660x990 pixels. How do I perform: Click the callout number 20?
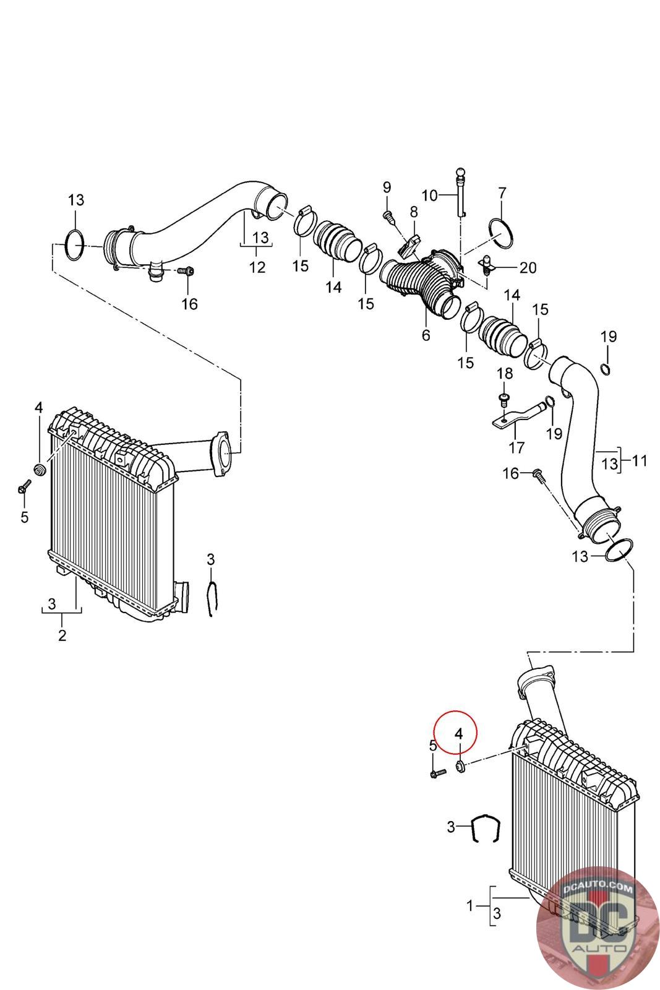point(528,267)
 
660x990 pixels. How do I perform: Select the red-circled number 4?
point(458,734)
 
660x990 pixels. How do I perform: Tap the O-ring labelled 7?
point(502,233)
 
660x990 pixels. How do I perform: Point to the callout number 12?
point(257,267)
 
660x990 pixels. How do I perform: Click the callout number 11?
point(639,460)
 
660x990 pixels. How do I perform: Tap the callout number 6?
point(426,335)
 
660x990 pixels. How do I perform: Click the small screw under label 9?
point(387,216)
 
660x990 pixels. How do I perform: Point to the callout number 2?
point(62,635)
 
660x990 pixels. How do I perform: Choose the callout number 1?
point(469,906)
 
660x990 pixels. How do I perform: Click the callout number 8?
point(413,212)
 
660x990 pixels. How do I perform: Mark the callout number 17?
point(516,448)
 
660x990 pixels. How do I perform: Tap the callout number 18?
point(505,374)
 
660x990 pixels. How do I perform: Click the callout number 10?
point(429,195)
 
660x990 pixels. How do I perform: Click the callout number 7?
point(502,193)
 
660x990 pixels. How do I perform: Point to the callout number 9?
point(387,187)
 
